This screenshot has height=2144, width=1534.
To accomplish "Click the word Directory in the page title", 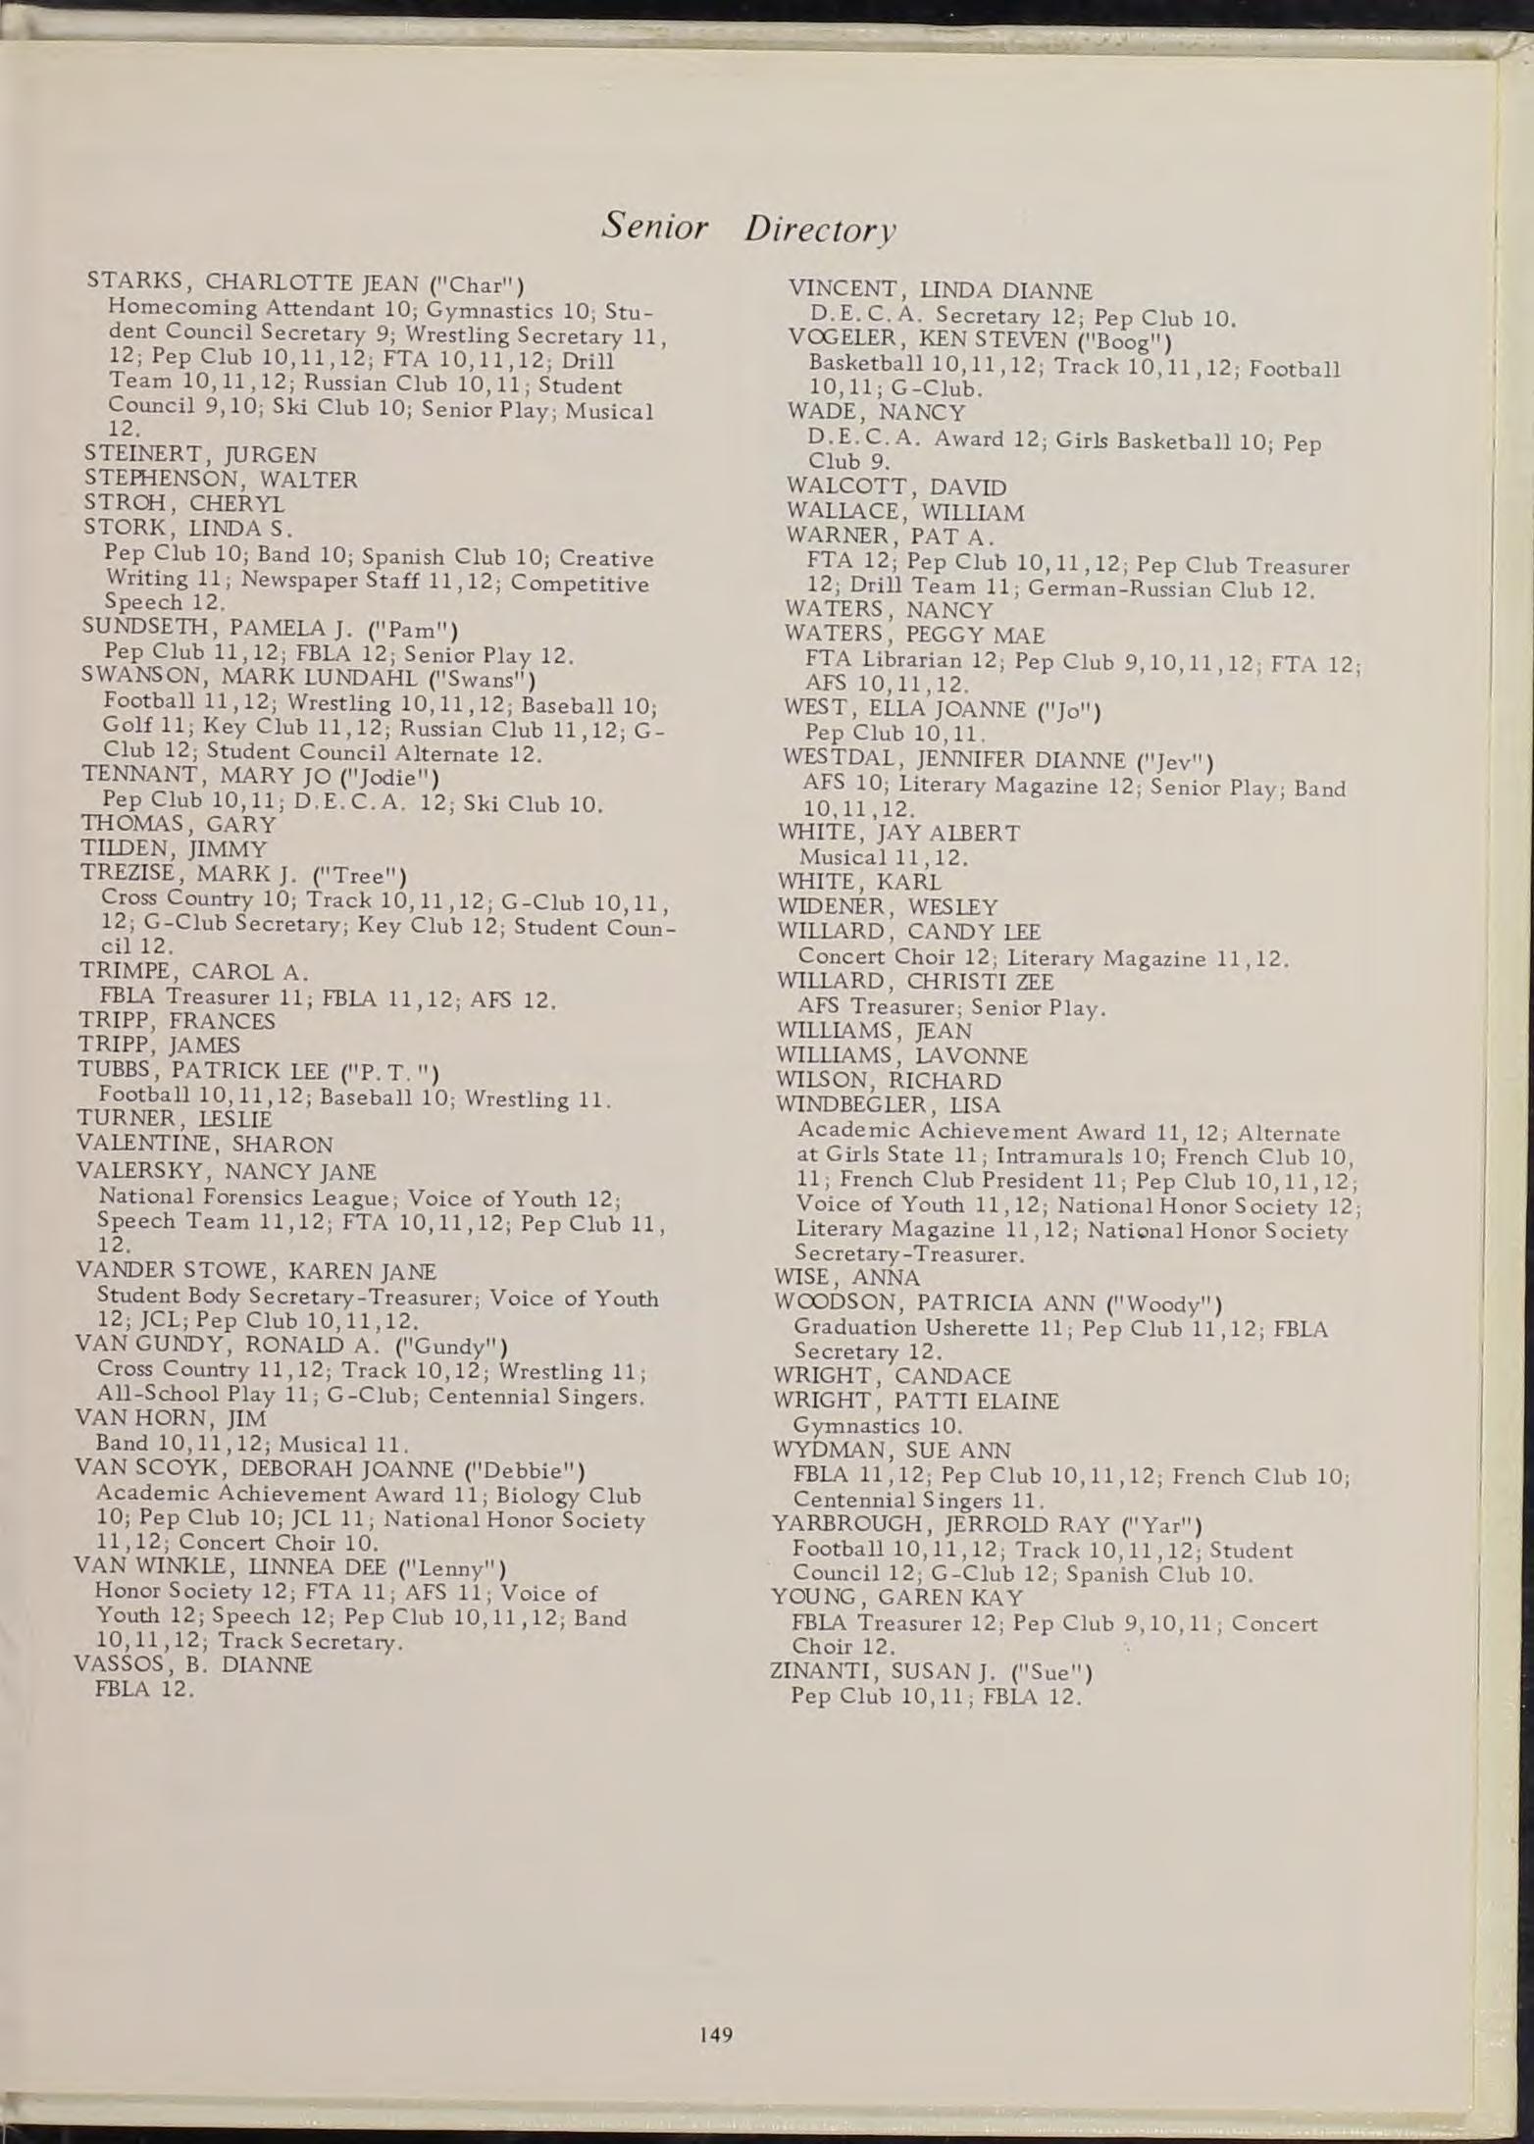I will (820, 230).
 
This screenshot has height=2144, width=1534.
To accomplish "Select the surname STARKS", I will (132, 280).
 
